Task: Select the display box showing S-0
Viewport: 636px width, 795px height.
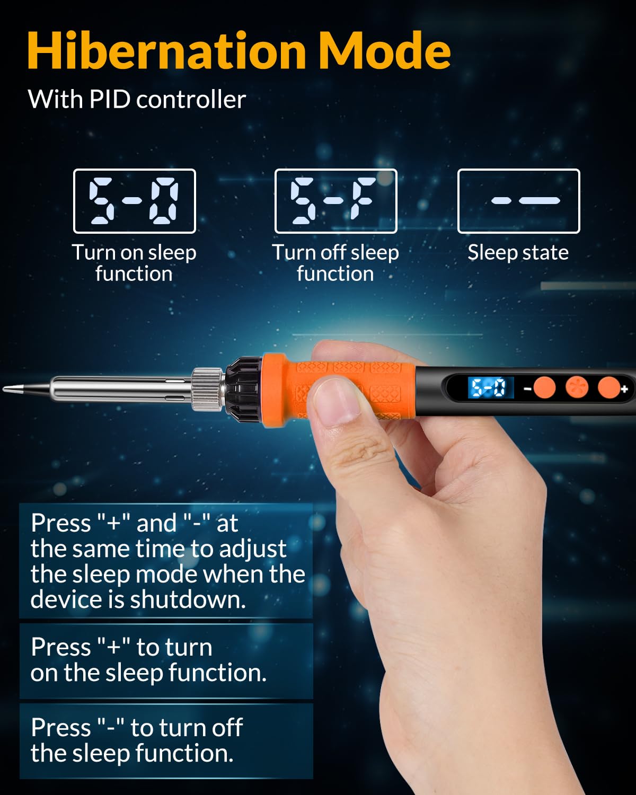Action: pos(135,201)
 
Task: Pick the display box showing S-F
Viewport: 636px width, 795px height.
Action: pos(335,201)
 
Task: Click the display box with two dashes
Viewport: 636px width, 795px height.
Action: pos(518,201)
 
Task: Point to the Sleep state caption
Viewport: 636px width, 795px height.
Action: pos(518,253)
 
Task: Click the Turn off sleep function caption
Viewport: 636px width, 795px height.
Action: pos(335,263)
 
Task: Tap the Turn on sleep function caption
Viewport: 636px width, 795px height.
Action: pos(134,263)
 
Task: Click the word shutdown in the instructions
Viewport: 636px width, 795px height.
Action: pos(188,600)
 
